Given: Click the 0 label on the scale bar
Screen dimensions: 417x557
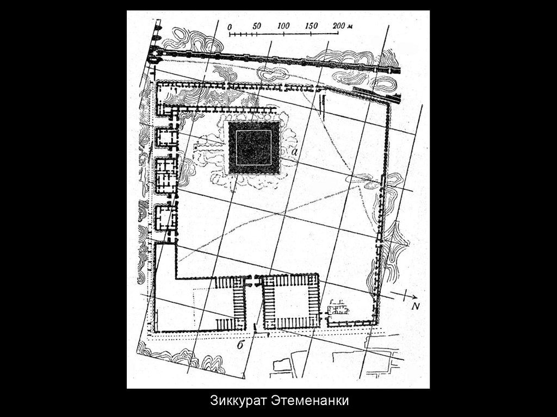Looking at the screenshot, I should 230,26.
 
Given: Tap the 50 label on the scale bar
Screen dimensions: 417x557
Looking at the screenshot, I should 257,26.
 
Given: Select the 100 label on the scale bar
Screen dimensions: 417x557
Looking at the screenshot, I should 283,26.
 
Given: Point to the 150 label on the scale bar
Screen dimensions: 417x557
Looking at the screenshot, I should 311,26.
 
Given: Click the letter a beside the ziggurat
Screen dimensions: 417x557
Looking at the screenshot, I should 294,153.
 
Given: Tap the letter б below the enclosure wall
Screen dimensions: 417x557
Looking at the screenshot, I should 240,344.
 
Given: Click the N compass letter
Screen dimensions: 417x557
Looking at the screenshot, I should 416,306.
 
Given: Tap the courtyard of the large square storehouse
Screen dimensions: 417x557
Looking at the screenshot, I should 290,302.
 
